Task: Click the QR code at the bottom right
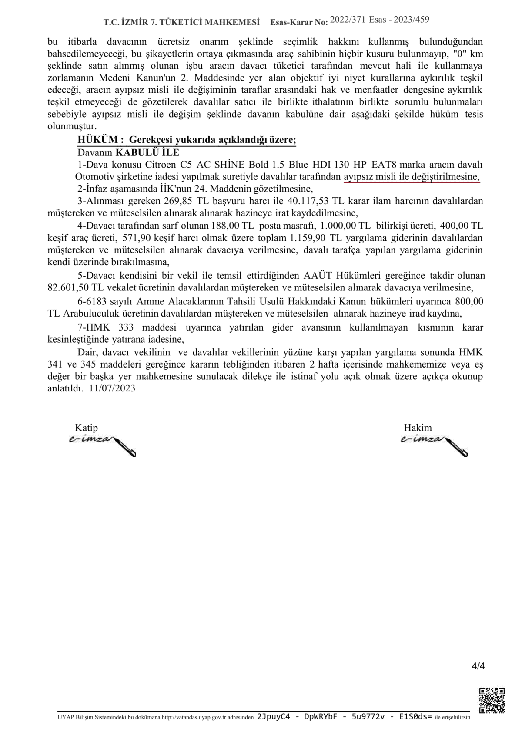(x=492, y=700)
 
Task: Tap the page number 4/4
(x=478, y=666)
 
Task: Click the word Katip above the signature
(x=87, y=427)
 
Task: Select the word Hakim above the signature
(x=418, y=427)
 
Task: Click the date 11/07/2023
(x=112, y=388)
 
